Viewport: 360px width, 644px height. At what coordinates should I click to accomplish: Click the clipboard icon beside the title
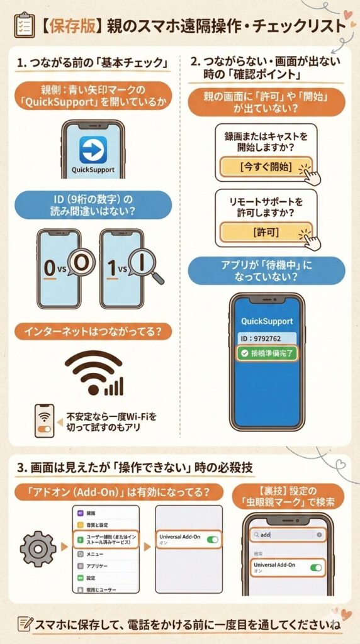click(x=23, y=25)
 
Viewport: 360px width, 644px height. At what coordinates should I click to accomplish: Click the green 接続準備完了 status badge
click(x=267, y=353)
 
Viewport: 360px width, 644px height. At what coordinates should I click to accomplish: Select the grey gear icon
click(x=38, y=548)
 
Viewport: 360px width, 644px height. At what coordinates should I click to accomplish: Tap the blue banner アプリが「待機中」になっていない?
click(x=267, y=270)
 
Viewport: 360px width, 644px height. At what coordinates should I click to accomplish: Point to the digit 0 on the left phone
click(x=50, y=267)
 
